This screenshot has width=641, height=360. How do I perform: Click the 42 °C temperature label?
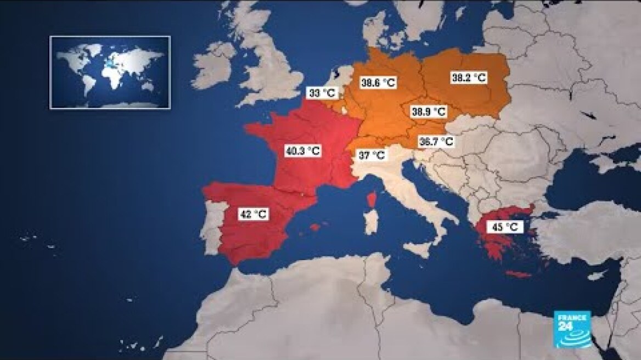pyautogui.click(x=253, y=214)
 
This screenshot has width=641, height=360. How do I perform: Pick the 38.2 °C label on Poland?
pyautogui.click(x=468, y=77)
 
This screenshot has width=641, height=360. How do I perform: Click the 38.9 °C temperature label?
pyautogui.click(x=428, y=111)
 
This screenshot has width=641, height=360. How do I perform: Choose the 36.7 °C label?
pyautogui.click(x=436, y=141)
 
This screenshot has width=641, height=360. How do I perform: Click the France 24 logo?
pyautogui.click(x=572, y=327)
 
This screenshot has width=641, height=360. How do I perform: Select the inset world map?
pyautogui.click(x=110, y=72)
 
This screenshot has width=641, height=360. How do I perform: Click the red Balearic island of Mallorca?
pyautogui.click(x=315, y=227)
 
